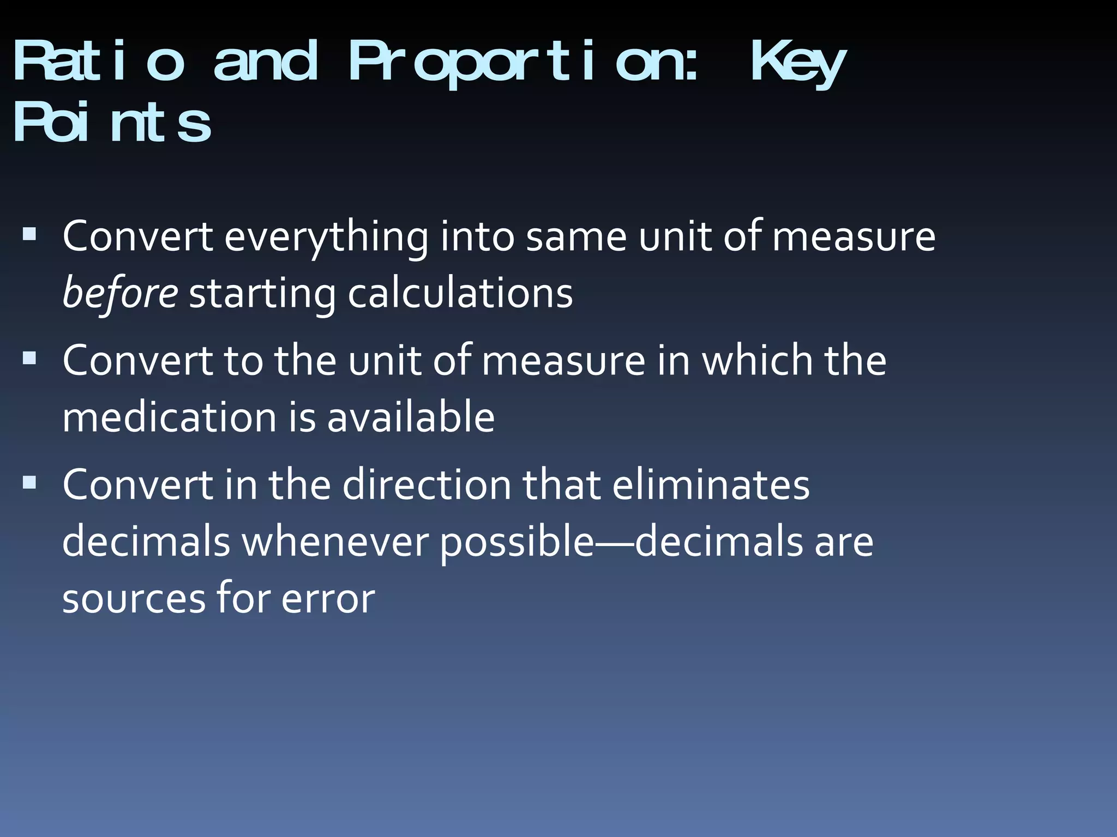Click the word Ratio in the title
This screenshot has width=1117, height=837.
click(98, 61)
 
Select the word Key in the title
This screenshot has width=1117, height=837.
click(798, 63)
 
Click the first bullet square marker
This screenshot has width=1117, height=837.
click(29, 235)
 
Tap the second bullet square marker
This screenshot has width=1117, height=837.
click(29, 358)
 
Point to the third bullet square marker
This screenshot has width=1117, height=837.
click(29, 482)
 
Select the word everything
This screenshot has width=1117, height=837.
click(326, 238)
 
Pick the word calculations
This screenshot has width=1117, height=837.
click(460, 294)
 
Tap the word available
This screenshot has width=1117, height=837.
click(411, 417)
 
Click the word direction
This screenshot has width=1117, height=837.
click(427, 485)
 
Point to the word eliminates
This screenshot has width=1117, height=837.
click(711, 485)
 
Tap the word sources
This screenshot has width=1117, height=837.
click(134, 599)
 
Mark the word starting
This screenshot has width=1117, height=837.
click(262, 295)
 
